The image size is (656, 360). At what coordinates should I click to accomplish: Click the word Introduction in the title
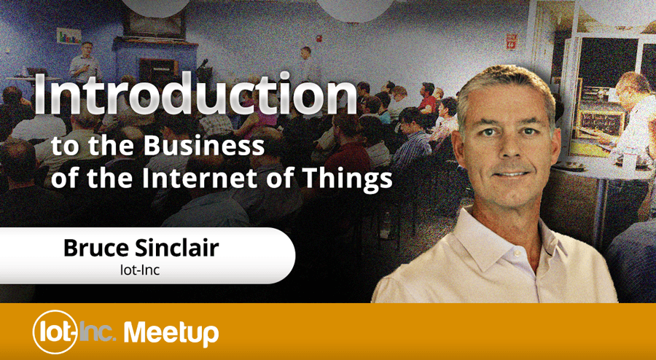(x=195, y=95)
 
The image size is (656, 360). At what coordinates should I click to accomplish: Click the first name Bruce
(x=95, y=248)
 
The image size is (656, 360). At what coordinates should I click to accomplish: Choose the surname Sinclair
(x=176, y=248)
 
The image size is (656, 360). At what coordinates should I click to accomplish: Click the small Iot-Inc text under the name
(x=140, y=270)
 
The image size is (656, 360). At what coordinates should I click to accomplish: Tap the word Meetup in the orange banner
(x=171, y=333)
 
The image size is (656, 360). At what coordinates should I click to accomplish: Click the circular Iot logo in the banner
(x=55, y=332)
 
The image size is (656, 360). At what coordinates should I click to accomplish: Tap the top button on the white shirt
(x=514, y=253)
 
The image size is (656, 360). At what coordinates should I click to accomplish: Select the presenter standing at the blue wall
(x=85, y=62)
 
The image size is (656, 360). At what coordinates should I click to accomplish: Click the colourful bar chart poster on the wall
(x=69, y=36)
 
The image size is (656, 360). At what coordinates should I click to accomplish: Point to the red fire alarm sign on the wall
(x=511, y=41)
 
